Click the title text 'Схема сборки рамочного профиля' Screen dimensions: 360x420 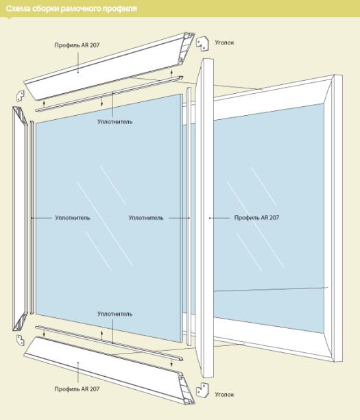coord(71,9)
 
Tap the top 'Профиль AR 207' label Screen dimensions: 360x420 coord(77,45)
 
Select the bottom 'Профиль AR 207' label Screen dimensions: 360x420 coord(77,389)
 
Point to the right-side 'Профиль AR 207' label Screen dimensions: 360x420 coord(256,217)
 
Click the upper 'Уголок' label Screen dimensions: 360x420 coord(224,42)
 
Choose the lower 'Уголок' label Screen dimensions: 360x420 coord(224,394)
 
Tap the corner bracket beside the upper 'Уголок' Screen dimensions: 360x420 coord(202,44)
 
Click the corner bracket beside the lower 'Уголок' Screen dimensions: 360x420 coord(203,390)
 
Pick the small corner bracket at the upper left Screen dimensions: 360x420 coord(20,96)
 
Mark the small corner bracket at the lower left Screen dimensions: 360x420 coord(20,340)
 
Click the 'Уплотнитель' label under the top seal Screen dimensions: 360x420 coord(115,121)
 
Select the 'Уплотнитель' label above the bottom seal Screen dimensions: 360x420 coord(115,314)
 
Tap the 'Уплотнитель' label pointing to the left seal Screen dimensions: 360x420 coord(73,217)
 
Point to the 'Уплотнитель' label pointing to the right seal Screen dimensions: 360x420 coord(146,217)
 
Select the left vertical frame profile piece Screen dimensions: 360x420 coord(20,219)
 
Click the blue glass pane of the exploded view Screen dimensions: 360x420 coord(109,219)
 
